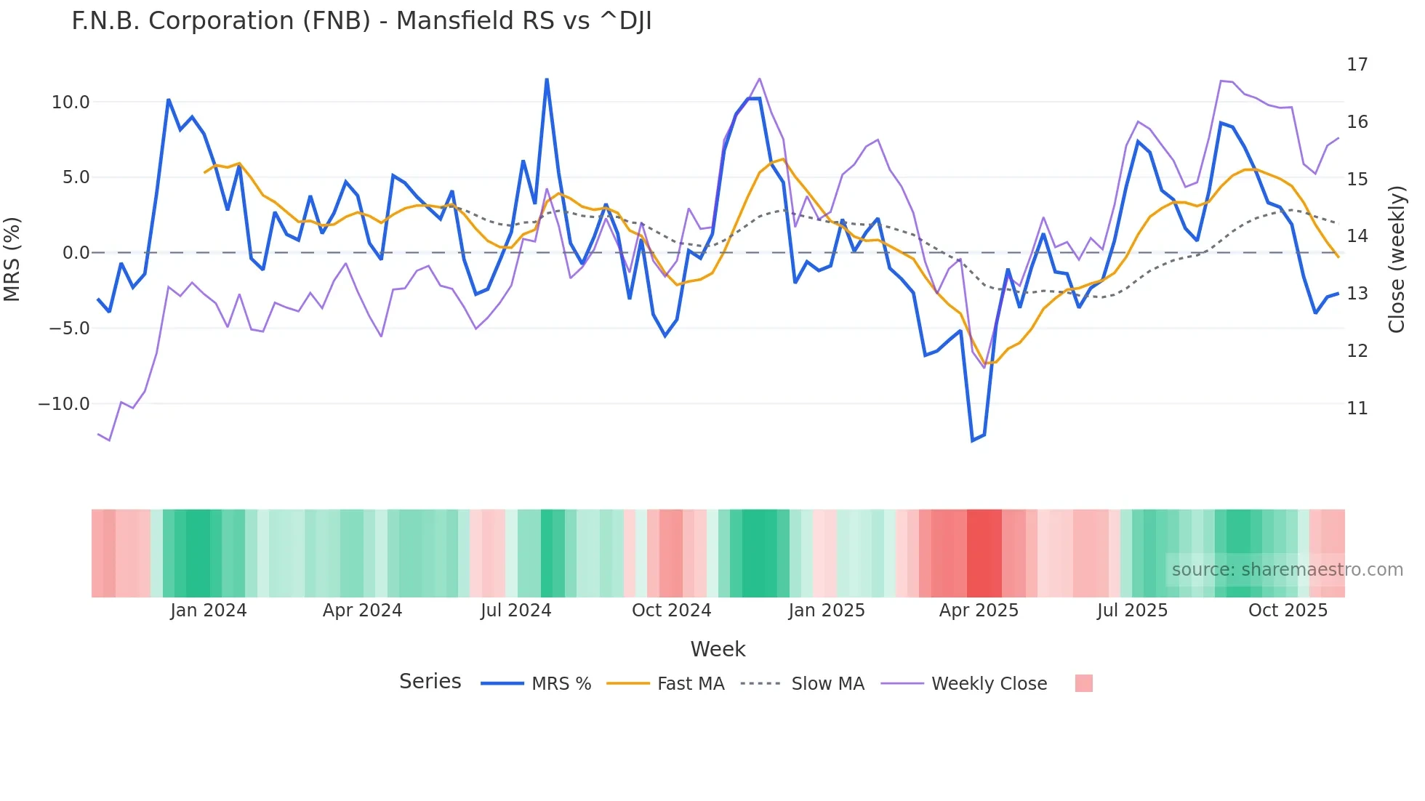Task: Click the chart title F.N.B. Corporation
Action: pos(361,21)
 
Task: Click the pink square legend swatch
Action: pos(1083,683)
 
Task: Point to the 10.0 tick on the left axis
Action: pos(71,102)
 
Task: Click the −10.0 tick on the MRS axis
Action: pos(64,404)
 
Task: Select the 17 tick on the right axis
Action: pos(1357,65)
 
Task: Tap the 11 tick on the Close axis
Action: pos(1357,408)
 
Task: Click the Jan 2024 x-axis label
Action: pos(209,611)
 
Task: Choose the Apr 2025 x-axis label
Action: pos(979,611)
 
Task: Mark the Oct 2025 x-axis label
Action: pos(1288,611)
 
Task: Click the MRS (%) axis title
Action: pos(12,259)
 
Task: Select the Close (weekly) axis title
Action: pos(1396,259)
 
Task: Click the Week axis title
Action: pos(718,649)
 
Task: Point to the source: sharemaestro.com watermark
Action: pos(1287,570)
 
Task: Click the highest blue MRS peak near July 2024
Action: pos(547,79)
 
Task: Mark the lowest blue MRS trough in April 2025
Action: pos(972,440)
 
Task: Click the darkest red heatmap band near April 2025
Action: pos(984,553)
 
